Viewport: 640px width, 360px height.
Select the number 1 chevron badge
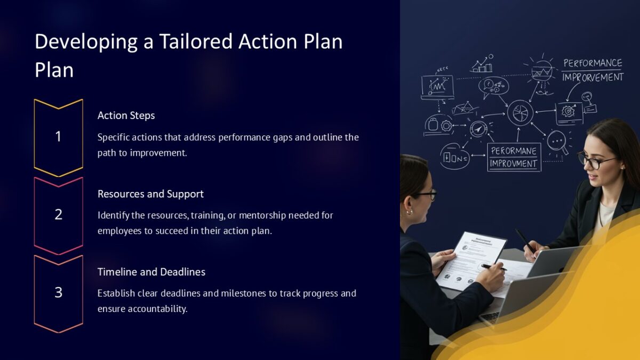tap(58, 137)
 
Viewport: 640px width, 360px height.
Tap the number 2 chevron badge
tap(58, 215)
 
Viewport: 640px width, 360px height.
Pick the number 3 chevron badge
tap(58, 293)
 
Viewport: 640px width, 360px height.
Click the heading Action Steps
tap(126, 115)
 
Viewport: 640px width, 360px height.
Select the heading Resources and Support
tap(150, 194)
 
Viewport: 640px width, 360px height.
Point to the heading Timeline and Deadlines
tap(151, 271)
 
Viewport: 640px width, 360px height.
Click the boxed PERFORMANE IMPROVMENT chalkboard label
tap(514, 157)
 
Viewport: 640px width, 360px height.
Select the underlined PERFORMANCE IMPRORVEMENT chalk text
tap(593, 70)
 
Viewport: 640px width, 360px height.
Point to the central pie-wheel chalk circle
tap(520, 113)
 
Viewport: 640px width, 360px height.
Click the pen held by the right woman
tap(525, 241)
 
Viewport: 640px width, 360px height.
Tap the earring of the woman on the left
tap(410, 212)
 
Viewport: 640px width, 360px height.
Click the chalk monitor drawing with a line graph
tap(437, 86)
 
